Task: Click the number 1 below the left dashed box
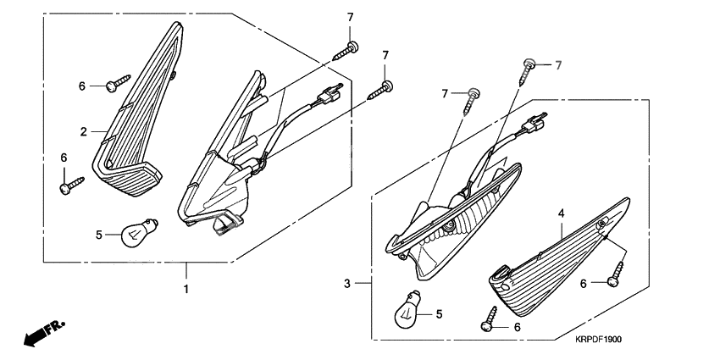click(186, 290)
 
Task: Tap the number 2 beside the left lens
click(83, 132)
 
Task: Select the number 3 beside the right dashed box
click(347, 284)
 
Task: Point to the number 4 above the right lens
click(561, 213)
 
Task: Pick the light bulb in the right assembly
click(408, 309)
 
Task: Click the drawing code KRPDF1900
click(598, 340)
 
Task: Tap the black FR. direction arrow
click(44, 333)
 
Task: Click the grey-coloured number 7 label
click(558, 66)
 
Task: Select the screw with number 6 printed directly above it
click(72, 185)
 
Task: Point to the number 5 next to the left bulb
click(99, 235)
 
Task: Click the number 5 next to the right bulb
click(439, 314)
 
